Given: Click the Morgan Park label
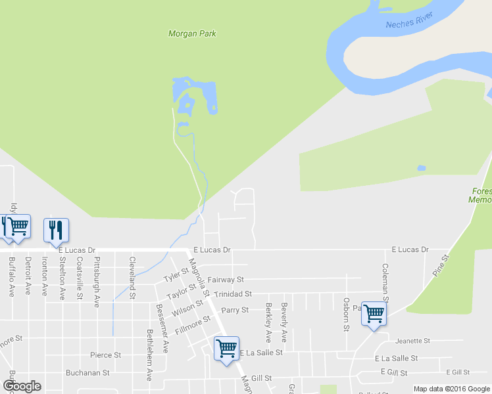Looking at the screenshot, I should coord(192,33).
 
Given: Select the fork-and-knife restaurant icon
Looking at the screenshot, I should coord(56,229).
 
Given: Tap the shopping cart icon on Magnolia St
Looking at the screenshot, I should coord(226,347).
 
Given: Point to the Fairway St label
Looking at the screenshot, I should coord(226,280).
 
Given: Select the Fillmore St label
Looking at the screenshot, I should coord(197,323).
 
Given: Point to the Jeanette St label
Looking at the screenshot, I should coord(413,341).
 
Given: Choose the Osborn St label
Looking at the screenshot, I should coord(346,315).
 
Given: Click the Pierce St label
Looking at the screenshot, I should coord(106,355).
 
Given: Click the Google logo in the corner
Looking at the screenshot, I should coord(22,386).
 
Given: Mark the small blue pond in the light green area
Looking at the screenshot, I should coord(421,168).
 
